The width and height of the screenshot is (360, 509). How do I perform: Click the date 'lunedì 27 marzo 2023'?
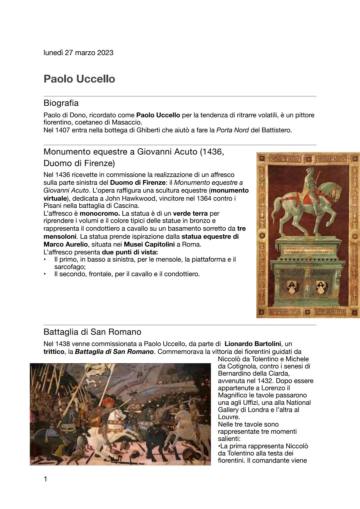point(78,53)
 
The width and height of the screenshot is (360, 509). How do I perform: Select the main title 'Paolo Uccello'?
point(79,79)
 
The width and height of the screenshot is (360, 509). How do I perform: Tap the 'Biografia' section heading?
point(61,103)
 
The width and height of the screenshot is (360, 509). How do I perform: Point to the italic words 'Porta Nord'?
point(232,130)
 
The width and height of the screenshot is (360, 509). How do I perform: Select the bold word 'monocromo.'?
point(99,213)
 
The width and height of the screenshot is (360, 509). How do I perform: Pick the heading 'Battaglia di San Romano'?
point(92,332)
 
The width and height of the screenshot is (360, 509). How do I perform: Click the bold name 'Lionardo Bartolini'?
point(253,344)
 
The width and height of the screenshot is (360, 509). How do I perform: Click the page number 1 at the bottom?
point(46,479)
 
